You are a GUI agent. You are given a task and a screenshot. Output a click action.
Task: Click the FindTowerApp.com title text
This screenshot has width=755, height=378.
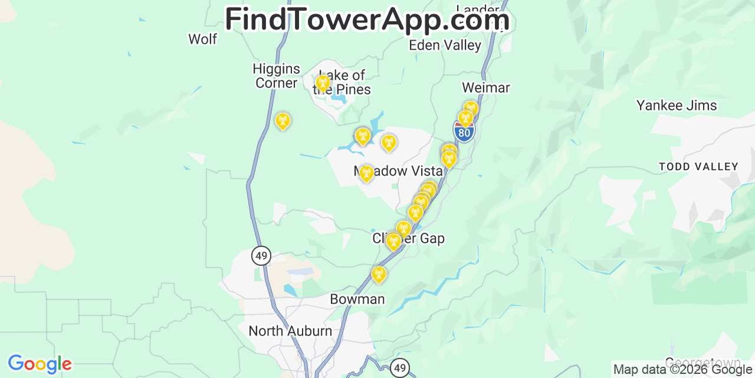click(x=367, y=19)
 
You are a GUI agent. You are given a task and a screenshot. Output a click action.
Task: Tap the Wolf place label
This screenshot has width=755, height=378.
click(x=202, y=39)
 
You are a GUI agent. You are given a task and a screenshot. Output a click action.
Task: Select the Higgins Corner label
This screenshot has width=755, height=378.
click(x=276, y=76)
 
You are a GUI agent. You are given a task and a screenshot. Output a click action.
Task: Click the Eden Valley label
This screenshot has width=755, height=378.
click(x=445, y=45)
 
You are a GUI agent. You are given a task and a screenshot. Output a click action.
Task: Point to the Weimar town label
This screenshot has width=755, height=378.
click(x=485, y=87)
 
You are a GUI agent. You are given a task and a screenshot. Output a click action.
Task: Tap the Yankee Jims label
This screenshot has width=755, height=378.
click(x=677, y=106)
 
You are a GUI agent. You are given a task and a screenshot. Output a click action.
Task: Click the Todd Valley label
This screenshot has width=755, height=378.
click(x=698, y=167)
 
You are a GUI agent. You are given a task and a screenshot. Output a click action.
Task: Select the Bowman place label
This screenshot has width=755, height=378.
click(x=357, y=299)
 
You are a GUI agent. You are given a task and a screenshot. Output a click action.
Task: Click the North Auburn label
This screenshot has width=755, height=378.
click(x=290, y=331)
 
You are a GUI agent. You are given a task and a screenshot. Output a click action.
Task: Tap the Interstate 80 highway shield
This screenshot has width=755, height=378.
click(x=464, y=132)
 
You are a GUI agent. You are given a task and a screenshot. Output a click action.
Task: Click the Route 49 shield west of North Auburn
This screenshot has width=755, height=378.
click(x=261, y=256)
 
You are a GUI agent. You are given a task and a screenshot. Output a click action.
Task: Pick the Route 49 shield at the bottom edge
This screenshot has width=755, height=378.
click(x=400, y=368)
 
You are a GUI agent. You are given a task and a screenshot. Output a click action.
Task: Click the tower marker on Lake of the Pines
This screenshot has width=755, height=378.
click(x=322, y=84)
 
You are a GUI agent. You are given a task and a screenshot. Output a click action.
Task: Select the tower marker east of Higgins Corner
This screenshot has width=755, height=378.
click(x=283, y=121)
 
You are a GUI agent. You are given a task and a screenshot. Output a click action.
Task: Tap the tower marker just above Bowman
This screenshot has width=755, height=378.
click(x=379, y=274)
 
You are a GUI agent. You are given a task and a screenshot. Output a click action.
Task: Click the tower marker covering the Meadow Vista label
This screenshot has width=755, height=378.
click(x=366, y=173)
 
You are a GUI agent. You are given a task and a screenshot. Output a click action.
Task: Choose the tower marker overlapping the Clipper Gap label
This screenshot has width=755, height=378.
click(x=393, y=240)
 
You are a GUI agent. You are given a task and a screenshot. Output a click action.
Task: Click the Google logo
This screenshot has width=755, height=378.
click(x=40, y=364)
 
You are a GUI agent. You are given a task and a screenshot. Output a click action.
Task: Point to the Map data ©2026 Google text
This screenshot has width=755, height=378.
click(x=683, y=370)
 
